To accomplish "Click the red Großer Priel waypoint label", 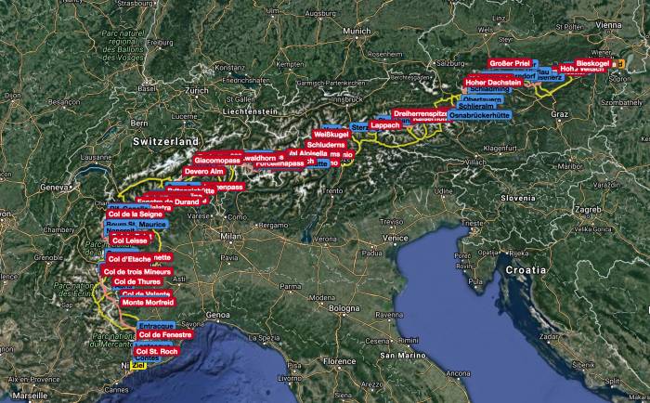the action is coord(509,63).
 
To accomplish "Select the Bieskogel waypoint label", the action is coord(591,62).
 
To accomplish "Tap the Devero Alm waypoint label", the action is coord(203,172).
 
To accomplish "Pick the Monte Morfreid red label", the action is coord(145,303).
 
